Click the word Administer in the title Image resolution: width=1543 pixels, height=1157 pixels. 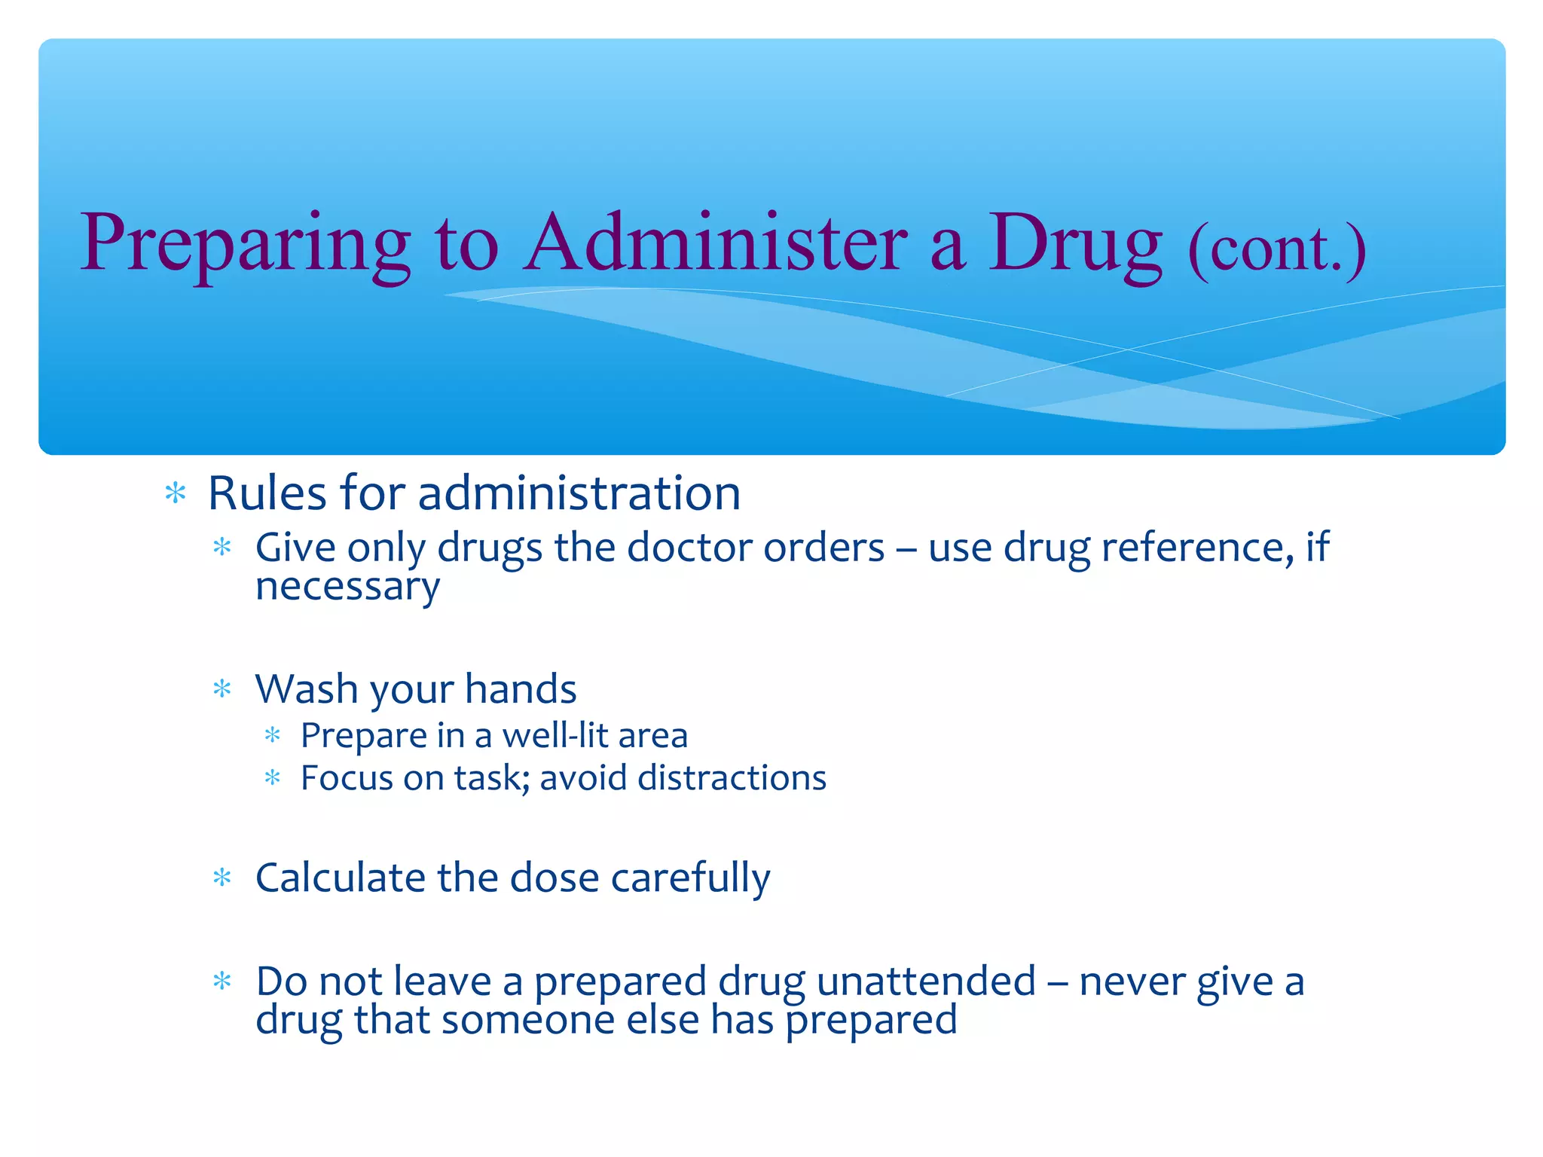pos(716,243)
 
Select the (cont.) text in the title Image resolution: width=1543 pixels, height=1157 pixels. pos(1276,249)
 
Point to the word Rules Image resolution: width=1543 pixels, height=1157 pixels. pos(267,493)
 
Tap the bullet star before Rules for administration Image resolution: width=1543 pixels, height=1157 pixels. pos(176,493)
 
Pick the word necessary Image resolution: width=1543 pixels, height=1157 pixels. pos(347,588)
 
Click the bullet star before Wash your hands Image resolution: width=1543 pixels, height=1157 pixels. pos(222,688)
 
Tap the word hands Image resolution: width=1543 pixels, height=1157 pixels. pos(521,688)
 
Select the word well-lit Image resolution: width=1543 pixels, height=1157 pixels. pos(555,735)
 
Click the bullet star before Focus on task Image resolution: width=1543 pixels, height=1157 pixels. pos(273,777)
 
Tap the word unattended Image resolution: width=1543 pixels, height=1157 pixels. pos(926,981)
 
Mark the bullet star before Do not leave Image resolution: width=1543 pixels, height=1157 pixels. pos(222,981)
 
